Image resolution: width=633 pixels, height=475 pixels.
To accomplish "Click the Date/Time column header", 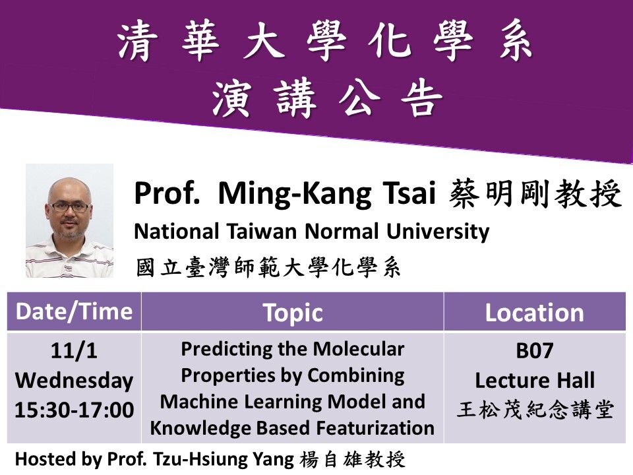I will (x=74, y=311).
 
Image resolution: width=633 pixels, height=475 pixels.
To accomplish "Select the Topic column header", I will (x=292, y=313).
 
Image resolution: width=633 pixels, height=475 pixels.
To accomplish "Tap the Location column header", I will (x=534, y=313).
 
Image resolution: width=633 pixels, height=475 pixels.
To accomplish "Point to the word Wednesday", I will (x=74, y=381).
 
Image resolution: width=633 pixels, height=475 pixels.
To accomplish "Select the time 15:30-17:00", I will (x=74, y=410).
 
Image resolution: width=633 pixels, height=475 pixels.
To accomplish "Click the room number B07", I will (x=534, y=352).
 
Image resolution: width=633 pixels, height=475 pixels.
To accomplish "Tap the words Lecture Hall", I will (x=534, y=380).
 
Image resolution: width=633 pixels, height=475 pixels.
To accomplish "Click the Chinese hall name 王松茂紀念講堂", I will (x=534, y=410).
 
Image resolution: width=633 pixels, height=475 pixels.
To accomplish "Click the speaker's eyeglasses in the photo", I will (x=69, y=206).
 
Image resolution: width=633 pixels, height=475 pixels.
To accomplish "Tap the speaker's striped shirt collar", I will (x=69, y=248).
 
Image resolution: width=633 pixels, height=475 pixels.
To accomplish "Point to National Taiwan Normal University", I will (x=311, y=232).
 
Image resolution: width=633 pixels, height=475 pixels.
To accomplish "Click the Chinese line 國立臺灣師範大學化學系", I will (x=268, y=268).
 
